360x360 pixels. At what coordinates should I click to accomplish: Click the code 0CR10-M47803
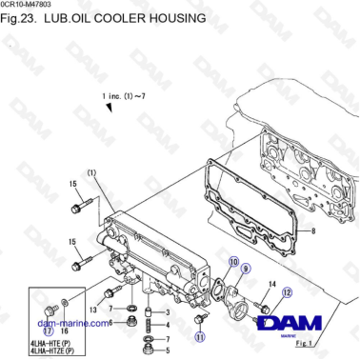pos(29,6)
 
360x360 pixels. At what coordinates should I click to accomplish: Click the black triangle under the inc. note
pos(110,110)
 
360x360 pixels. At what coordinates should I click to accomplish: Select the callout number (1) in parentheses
pos(92,172)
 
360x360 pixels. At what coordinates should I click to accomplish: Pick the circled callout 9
pos(245,271)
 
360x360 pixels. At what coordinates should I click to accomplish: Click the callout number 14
pos(272,283)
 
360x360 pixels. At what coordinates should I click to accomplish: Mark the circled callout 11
pos(199,335)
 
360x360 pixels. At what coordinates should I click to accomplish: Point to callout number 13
pos(93,310)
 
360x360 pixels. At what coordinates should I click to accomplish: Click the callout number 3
pos(168,311)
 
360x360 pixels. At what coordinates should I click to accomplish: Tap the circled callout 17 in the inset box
pos(48,330)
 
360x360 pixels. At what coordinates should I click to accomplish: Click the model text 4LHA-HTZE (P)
pos(55,351)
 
